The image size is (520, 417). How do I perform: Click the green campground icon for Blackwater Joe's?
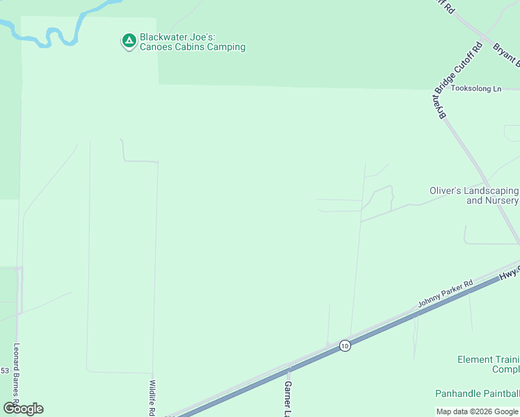click(x=129, y=41)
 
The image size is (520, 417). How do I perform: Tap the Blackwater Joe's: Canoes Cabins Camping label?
click(x=193, y=42)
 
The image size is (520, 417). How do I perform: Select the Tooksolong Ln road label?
click(x=476, y=89)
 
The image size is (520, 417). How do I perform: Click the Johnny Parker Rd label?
click(x=445, y=294)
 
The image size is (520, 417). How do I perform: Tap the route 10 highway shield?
click(x=345, y=345)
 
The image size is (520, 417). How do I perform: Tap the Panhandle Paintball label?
click(x=477, y=393)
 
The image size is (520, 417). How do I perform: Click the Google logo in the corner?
click(x=23, y=409)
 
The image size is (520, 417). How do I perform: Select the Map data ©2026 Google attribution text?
click(x=478, y=411)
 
